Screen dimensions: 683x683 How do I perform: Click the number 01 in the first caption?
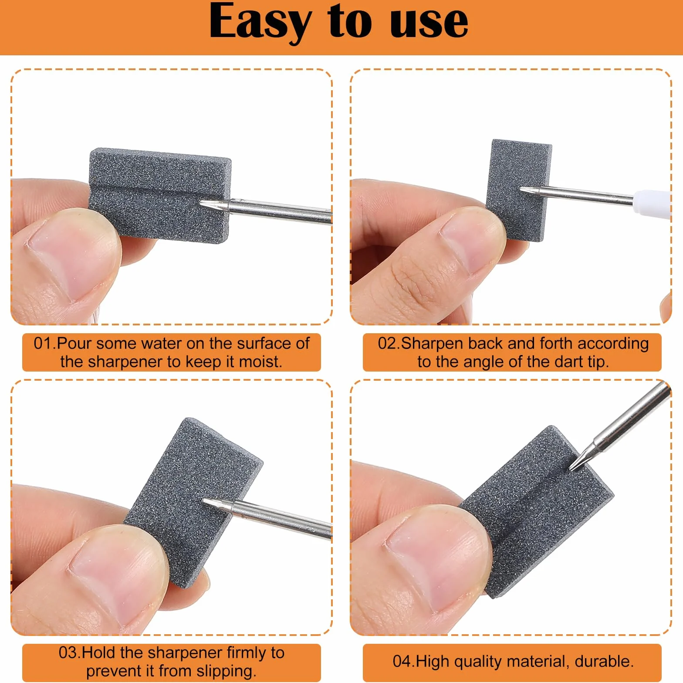click(43, 343)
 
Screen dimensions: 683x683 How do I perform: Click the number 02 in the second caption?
click(387, 343)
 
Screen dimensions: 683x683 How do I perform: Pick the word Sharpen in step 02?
click(433, 344)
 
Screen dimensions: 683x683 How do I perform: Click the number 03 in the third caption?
click(68, 653)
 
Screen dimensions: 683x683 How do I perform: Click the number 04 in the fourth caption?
click(402, 661)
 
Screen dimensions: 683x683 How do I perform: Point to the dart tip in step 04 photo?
click(570, 470)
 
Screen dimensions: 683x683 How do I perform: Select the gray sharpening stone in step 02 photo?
click(518, 190)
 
